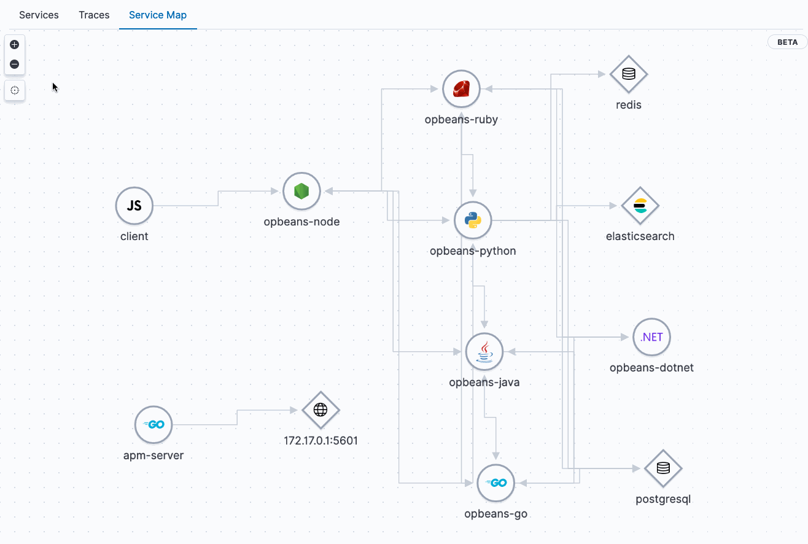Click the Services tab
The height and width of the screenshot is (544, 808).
(39, 15)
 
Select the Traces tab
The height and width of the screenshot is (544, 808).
(94, 15)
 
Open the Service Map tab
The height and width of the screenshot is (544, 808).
(158, 15)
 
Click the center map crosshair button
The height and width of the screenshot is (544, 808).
(15, 90)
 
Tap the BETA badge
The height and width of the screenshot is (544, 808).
(787, 42)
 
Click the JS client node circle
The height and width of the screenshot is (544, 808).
(134, 206)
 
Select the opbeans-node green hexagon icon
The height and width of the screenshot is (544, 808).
(301, 191)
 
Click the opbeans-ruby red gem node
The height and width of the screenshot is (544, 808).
(461, 89)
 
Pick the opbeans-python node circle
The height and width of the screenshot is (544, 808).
(473, 220)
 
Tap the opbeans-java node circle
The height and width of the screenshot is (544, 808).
(484, 352)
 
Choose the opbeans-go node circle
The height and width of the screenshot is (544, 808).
(495, 483)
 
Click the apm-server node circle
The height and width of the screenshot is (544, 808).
(153, 425)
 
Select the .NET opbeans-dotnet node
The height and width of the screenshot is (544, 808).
(651, 337)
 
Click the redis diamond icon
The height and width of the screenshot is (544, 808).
(629, 74)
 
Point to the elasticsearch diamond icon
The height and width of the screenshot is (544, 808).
(640, 206)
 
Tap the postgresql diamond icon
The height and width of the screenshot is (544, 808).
(663, 468)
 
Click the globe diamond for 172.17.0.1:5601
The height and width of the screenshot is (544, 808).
(320, 410)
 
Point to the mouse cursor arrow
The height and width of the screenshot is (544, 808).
(55, 87)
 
